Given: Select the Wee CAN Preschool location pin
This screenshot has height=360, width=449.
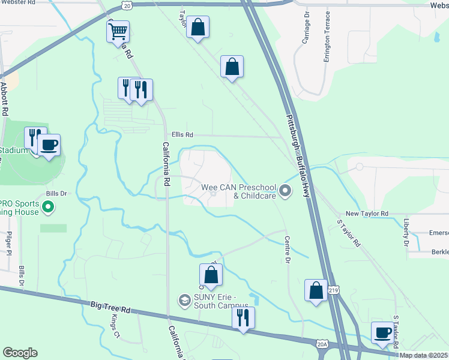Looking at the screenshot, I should [x=285, y=191].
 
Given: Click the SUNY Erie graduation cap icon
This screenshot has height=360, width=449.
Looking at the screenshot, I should [x=185, y=299].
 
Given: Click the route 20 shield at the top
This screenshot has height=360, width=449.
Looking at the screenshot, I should [x=125, y=5].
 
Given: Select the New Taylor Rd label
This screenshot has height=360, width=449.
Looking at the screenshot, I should [x=367, y=214].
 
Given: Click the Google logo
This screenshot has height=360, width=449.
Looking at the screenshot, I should [x=20, y=352].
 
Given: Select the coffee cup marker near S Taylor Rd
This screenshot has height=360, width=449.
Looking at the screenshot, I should [x=382, y=332].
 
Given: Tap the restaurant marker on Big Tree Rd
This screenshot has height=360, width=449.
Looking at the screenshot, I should [x=243, y=317].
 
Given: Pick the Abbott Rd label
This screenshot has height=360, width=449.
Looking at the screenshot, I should [x=4, y=99].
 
